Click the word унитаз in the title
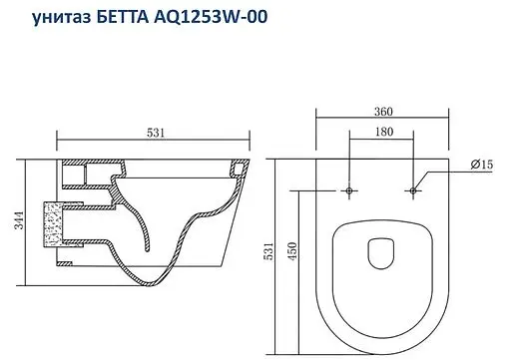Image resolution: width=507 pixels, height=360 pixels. tap(50, 17)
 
